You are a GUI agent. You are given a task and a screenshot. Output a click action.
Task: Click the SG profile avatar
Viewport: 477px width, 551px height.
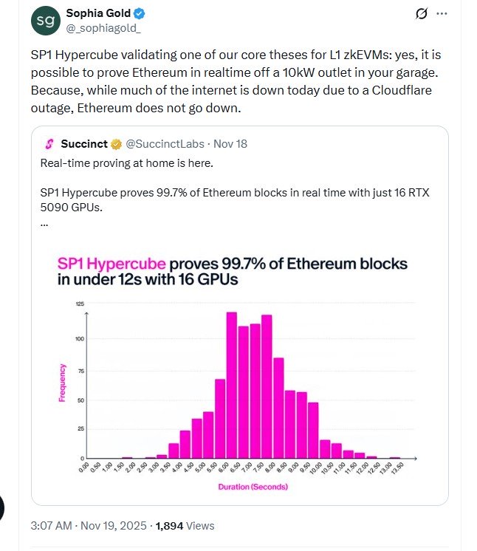[46, 21]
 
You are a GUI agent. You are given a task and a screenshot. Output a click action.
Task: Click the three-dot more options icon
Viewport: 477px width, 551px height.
[442, 14]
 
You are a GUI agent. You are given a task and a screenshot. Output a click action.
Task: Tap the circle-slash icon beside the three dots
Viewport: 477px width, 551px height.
[422, 14]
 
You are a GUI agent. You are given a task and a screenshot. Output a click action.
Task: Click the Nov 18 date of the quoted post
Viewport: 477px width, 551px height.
[232, 143]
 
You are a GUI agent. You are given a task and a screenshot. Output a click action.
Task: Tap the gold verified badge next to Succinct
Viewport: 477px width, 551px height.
[116, 143]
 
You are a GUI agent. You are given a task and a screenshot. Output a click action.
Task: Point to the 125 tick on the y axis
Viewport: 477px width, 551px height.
[79, 304]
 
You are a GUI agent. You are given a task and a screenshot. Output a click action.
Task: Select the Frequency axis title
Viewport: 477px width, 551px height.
[63, 383]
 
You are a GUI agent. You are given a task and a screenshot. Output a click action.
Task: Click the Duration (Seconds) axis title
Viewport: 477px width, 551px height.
[253, 487]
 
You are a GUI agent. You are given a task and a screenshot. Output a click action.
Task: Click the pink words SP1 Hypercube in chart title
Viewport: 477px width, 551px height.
[112, 264]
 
